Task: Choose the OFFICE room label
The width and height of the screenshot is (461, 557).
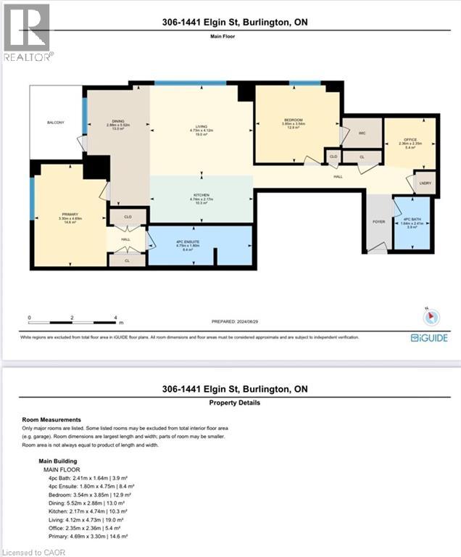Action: coord(410,139)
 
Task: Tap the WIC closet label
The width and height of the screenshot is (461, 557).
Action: coord(362,133)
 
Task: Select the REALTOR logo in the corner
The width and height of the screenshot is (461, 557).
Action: coord(27,33)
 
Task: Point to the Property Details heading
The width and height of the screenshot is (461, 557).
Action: coord(234,403)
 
